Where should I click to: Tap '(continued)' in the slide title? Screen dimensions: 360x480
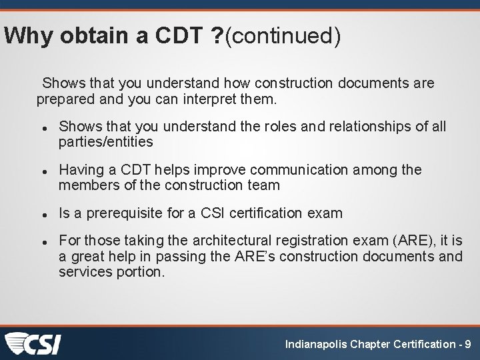(x=283, y=36)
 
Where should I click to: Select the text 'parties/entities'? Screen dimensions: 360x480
(x=105, y=141)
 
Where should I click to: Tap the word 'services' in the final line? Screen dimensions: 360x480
(x=84, y=271)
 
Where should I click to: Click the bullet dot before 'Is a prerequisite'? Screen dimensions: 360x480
(x=43, y=215)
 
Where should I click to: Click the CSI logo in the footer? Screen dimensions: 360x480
(x=33, y=343)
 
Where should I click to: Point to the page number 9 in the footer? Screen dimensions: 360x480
(x=468, y=344)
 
